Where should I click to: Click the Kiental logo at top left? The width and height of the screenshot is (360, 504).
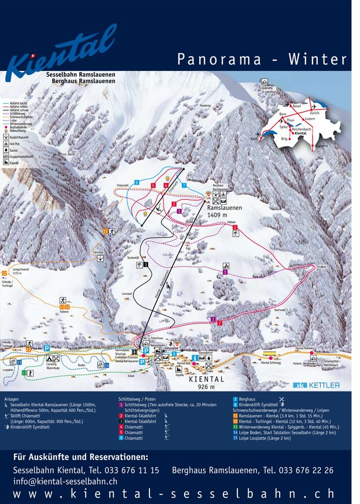(x=62, y=50)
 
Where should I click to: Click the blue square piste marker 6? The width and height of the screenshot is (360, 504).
(x=137, y=183)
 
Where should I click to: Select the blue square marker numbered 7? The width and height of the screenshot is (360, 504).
(x=184, y=185)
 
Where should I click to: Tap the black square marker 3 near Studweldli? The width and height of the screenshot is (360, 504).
(x=145, y=264)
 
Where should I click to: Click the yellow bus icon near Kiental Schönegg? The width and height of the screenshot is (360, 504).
(x=269, y=354)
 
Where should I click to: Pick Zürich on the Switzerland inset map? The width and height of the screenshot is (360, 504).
(x=315, y=112)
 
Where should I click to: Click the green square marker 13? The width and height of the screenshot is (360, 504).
(x=20, y=362)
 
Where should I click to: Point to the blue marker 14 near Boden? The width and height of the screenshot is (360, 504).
(x=106, y=366)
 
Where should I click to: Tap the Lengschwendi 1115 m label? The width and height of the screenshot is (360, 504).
(x=21, y=271)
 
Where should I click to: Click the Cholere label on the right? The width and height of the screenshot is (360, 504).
(x=321, y=267)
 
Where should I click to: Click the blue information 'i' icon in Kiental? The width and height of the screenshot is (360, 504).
(x=194, y=357)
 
